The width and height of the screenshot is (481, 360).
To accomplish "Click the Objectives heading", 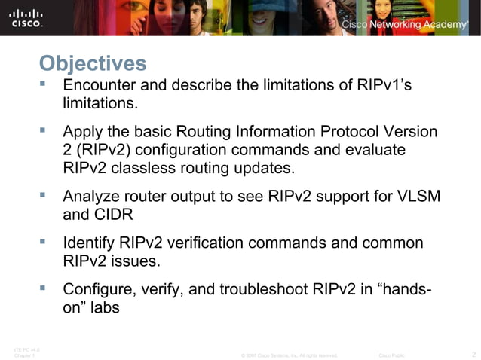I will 92,62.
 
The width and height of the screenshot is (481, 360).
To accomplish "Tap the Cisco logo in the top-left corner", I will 26,17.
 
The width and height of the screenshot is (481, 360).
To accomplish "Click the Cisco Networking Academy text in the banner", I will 404,25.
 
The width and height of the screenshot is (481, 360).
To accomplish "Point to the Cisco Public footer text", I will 391,354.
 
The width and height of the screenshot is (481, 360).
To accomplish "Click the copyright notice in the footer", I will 288,354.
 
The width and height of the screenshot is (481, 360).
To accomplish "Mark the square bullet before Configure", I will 44,288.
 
